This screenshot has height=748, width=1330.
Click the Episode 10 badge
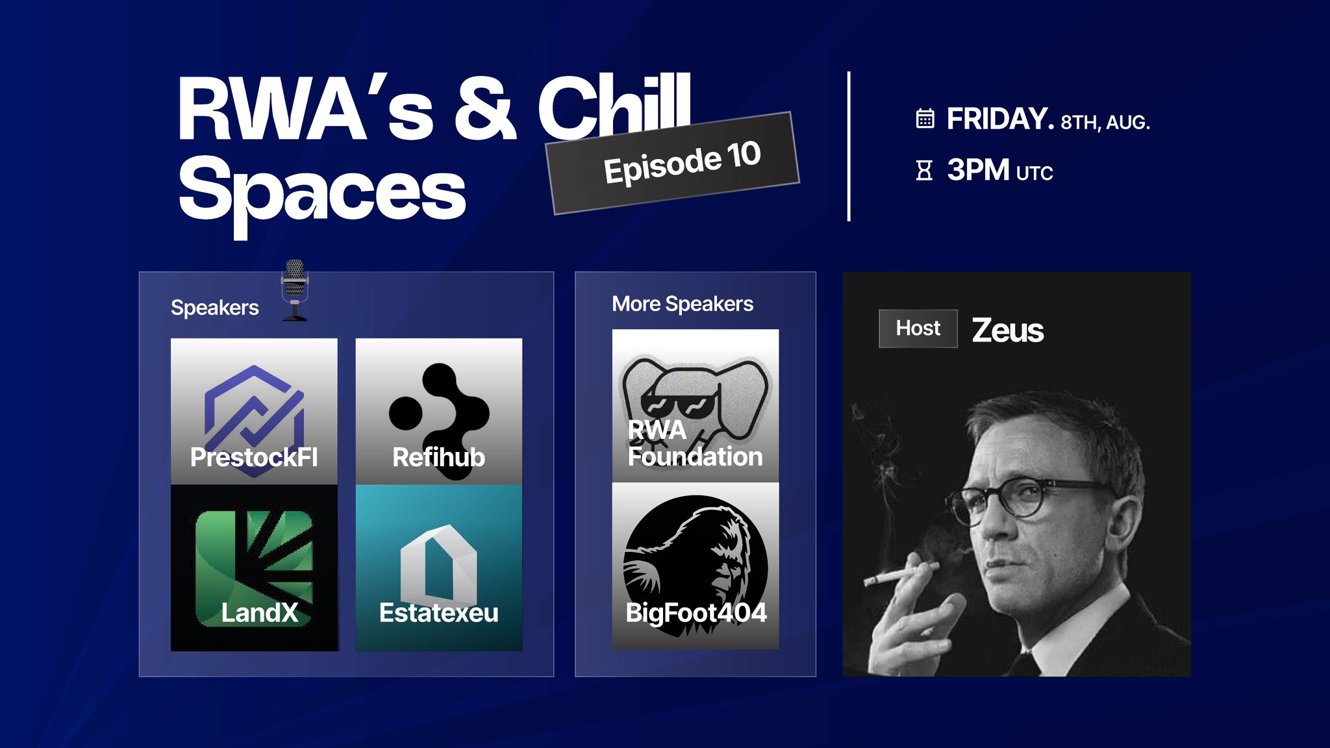click(x=673, y=163)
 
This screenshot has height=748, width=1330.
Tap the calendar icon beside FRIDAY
click(x=925, y=119)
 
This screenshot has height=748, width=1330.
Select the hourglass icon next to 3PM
click(x=924, y=171)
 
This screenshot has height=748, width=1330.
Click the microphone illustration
click(x=295, y=290)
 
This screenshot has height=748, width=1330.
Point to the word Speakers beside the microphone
click(x=215, y=308)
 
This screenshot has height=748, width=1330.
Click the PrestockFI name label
click(x=254, y=457)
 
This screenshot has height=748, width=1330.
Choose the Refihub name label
click(x=439, y=457)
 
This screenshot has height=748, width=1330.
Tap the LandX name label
click(x=260, y=612)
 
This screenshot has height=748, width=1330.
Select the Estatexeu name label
click(x=439, y=612)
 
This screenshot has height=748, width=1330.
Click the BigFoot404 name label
click(x=696, y=612)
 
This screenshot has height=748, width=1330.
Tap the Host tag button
click(x=918, y=329)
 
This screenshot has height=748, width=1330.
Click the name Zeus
click(x=1008, y=330)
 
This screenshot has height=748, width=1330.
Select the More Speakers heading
click(x=683, y=304)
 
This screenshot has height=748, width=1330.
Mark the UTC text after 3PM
click(x=1035, y=173)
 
